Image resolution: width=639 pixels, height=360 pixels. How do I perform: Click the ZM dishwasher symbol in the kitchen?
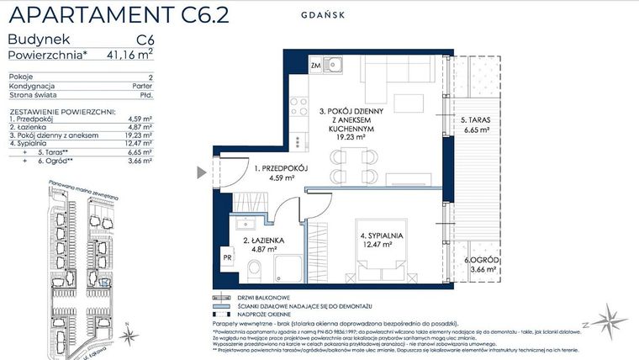[x=315, y=65]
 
